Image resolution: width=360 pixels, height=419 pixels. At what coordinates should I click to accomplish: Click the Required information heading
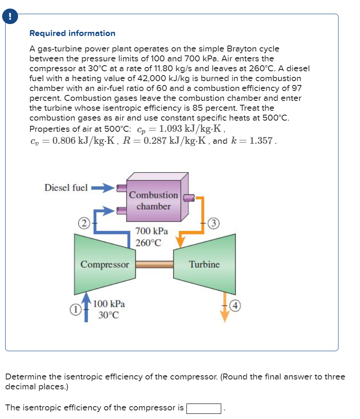[x=72, y=33]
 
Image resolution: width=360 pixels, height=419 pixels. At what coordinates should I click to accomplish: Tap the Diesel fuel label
[x=66, y=188]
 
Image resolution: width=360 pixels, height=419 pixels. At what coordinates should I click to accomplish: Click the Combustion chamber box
[x=154, y=200]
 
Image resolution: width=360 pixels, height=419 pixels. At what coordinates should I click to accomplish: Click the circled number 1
[x=74, y=309]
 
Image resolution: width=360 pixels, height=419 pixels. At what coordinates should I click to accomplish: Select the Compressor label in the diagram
[x=105, y=264]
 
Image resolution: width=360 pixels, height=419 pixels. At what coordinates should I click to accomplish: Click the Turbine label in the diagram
[x=204, y=264]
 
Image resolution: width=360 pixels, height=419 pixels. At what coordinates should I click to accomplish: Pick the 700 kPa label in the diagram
[x=149, y=231]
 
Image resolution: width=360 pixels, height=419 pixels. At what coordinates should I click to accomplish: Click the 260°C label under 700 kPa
[x=148, y=243]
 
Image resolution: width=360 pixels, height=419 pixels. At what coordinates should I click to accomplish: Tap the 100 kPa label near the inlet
[x=109, y=304]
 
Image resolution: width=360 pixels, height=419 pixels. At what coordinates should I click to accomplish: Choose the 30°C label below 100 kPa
[x=108, y=315]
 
